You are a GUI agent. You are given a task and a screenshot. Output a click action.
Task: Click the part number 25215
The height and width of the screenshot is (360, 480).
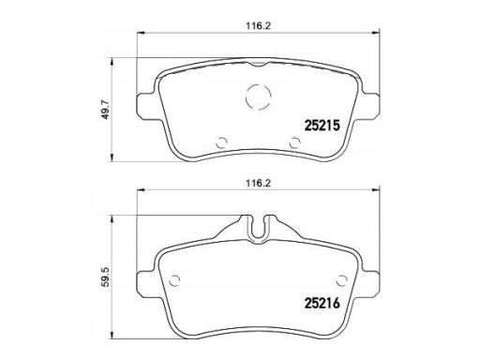[322, 126]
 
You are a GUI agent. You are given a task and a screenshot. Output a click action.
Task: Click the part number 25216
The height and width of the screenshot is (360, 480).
[322, 303]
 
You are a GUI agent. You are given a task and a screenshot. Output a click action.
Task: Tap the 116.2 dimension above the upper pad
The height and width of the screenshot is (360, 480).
[258, 26]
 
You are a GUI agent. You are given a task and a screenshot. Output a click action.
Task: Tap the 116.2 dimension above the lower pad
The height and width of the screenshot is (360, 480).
[258, 183]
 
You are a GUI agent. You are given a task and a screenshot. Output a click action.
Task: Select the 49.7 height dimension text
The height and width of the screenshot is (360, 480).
[106, 109]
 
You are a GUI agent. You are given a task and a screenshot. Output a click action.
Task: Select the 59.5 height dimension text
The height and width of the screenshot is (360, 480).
[106, 277]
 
